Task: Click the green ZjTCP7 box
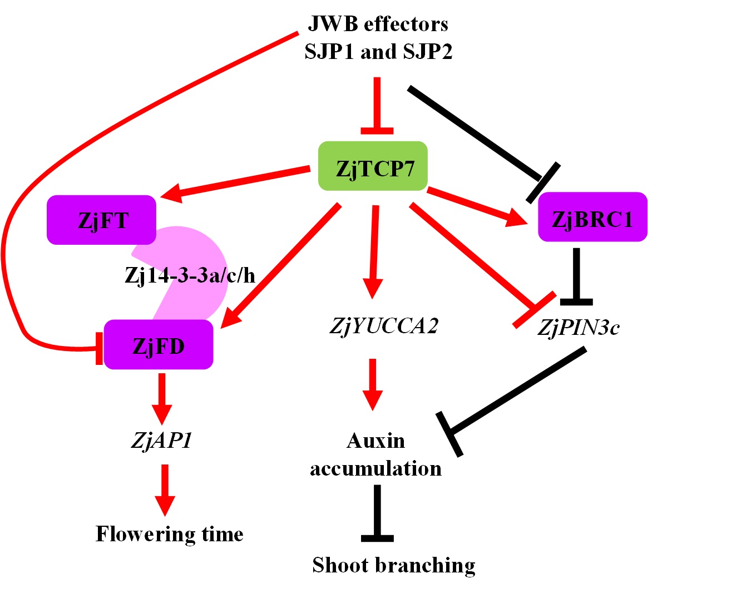coord(373,166)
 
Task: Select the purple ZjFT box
coord(101,220)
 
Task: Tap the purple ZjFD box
coord(159,345)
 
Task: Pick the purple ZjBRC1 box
coord(592,218)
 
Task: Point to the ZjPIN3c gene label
coord(578,327)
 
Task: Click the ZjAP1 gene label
coord(162,440)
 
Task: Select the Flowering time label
coord(170,533)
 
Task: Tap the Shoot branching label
coord(394,565)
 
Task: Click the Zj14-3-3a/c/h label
coord(190,275)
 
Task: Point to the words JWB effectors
coord(378,24)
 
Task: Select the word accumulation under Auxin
coord(376,468)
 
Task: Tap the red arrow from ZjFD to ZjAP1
coord(162,397)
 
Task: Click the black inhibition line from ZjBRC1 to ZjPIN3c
coord(576,276)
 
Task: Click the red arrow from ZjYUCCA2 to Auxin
coord(373,384)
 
